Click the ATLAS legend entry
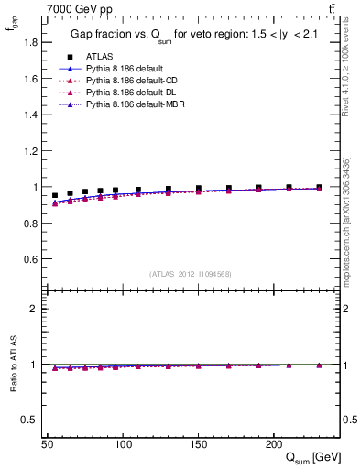(99, 56)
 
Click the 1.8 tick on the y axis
(31, 43)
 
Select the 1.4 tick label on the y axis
(31, 115)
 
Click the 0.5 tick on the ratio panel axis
(31, 420)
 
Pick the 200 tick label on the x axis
(273, 444)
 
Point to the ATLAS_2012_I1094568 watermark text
(191, 274)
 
